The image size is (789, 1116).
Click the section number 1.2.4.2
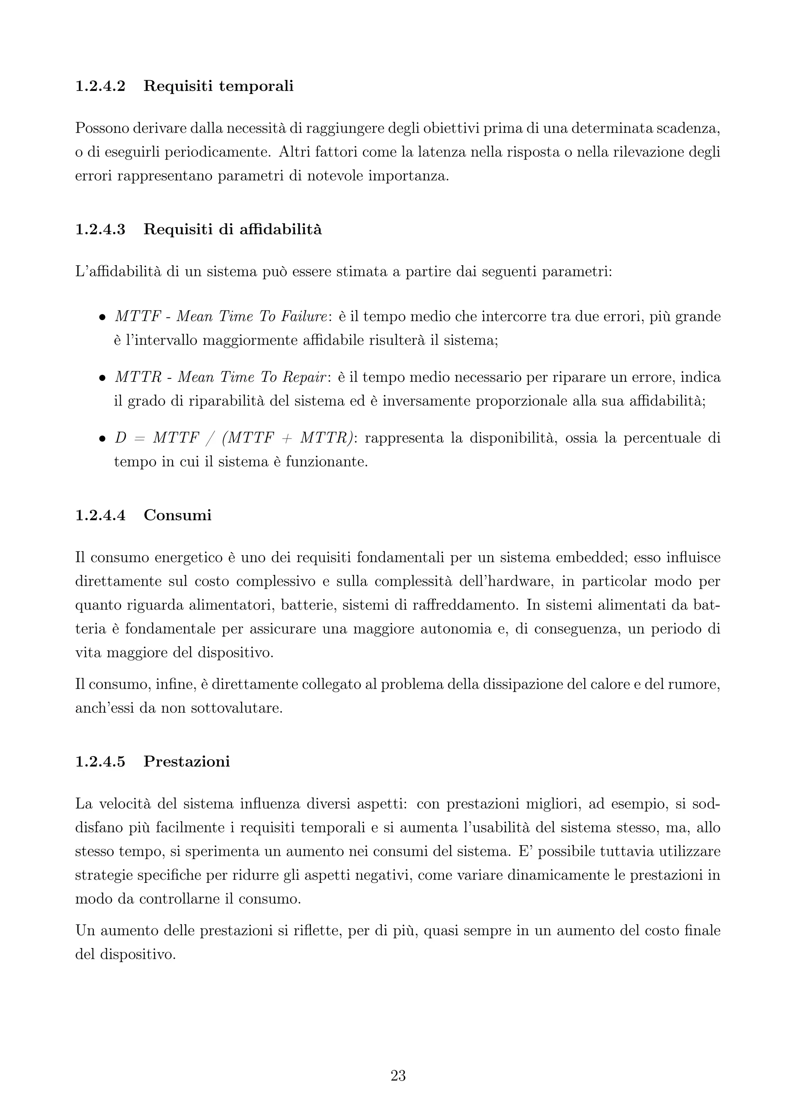(x=100, y=87)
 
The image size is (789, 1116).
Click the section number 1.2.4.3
(x=100, y=229)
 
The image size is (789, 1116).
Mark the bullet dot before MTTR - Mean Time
(x=102, y=378)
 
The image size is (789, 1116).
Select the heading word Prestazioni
(x=186, y=761)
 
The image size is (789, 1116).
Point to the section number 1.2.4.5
(x=100, y=761)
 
